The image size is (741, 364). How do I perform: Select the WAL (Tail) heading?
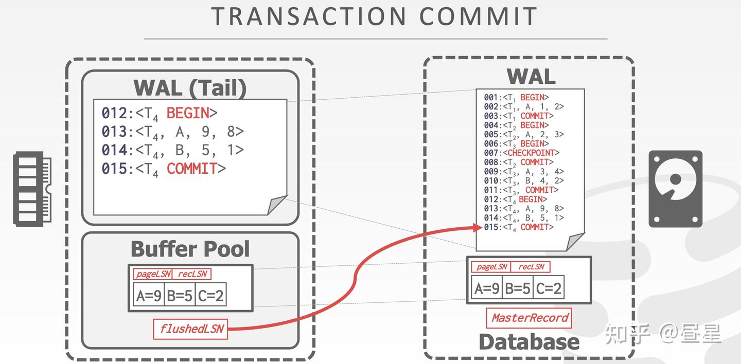coord(190,87)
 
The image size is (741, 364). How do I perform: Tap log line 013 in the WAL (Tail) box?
coord(172,132)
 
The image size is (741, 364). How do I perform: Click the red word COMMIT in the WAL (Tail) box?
coord(191,169)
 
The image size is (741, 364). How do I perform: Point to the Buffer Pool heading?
coord(190,249)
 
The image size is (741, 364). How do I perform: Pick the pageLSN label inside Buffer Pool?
coord(152,274)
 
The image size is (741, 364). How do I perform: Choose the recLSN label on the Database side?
coord(531,266)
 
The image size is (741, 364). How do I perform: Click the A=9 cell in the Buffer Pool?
coord(149,295)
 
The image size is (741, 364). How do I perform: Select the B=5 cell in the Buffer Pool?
coord(180,295)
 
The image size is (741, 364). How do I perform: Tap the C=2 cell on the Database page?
coord(549,288)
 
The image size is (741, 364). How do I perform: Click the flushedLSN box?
coord(191,329)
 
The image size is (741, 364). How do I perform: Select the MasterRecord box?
coord(529,318)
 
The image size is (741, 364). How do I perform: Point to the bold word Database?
coord(529,342)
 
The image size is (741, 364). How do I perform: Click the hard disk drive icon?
coord(675,189)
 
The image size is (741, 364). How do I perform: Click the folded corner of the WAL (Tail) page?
coord(277,205)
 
